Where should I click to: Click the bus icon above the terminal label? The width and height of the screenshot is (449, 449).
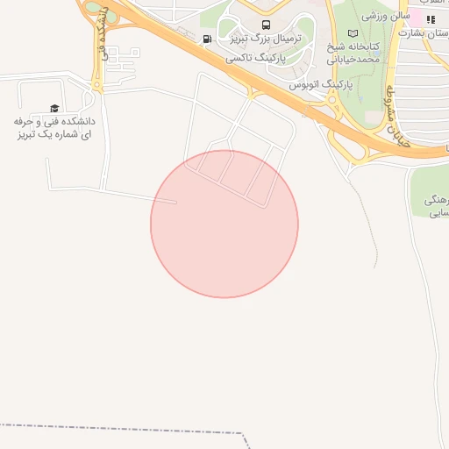point(266,25)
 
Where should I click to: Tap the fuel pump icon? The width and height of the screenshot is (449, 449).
point(207,39)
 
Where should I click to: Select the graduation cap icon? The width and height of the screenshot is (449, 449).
point(54,108)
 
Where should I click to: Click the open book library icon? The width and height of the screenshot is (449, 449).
point(353,33)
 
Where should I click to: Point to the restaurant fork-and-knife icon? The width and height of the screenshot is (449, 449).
point(431,19)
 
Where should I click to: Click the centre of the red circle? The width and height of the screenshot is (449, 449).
point(224,224)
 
